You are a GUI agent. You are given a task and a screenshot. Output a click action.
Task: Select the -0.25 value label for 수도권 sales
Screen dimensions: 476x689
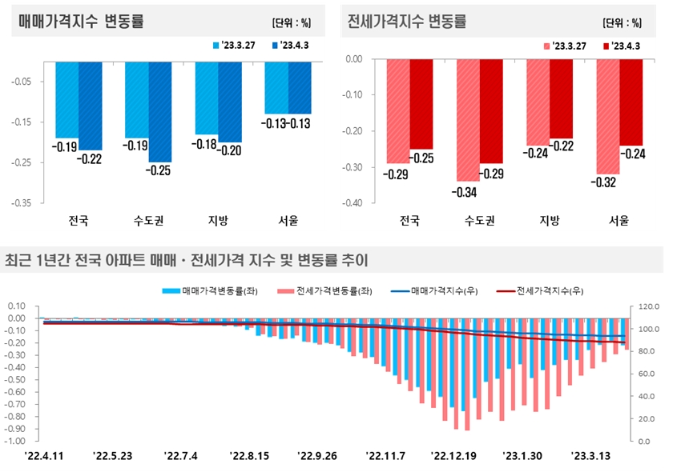click(159, 169)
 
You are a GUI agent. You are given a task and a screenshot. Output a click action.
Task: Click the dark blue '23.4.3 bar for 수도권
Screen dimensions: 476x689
click(159, 111)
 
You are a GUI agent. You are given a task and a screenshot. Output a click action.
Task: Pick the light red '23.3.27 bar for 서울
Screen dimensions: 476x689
click(608, 116)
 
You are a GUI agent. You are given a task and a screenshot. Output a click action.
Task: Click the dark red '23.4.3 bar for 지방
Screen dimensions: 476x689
click(561, 98)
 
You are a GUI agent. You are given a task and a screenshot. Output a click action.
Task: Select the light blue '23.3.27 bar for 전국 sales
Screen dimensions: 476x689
click(66, 98)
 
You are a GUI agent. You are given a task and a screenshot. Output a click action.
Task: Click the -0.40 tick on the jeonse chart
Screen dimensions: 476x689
click(353, 203)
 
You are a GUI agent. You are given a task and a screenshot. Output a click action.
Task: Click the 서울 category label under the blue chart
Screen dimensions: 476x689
click(288, 219)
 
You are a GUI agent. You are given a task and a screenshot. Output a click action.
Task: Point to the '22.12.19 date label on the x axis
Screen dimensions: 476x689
click(453, 456)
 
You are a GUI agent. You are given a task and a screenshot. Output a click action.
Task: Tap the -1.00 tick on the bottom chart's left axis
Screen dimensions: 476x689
click(18, 441)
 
